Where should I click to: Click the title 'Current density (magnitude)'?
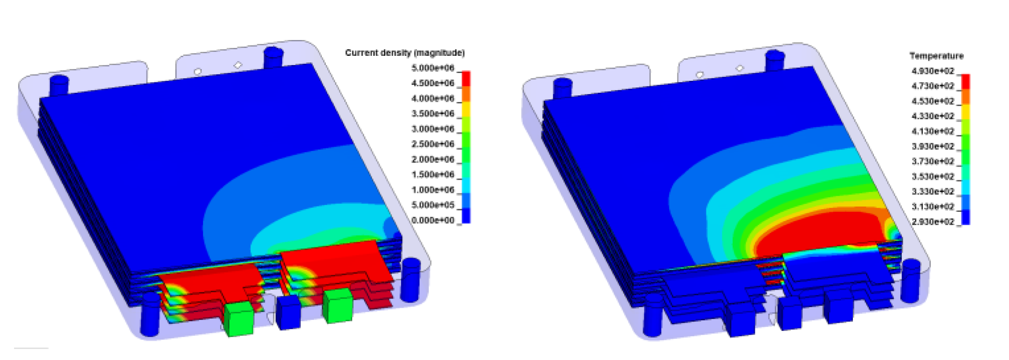pyautogui.click(x=404, y=53)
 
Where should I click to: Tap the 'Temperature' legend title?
pyautogui.click(x=936, y=56)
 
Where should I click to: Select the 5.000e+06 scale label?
pyautogui.click(x=433, y=68)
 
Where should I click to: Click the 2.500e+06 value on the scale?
pyautogui.click(x=433, y=144)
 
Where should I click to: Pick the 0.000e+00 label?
pyautogui.click(x=433, y=220)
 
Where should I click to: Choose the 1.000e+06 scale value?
pyautogui.click(x=433, y=190)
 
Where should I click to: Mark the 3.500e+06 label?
pyautogui.click(x=433, y=114)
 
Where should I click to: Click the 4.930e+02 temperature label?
pyautogui.click(x=933, y=71)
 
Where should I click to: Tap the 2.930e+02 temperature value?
pyautogui.click(x=933, y=222)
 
